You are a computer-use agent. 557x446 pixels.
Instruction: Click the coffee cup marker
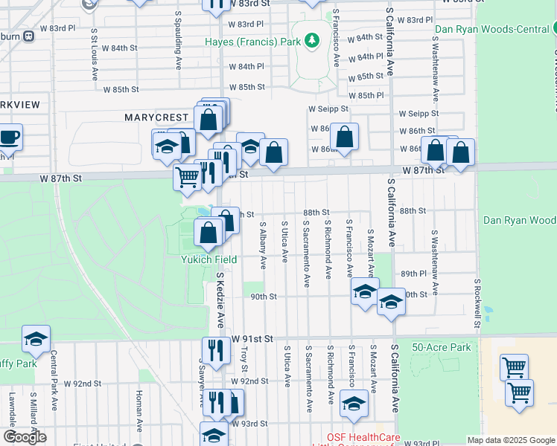tap(9, 138)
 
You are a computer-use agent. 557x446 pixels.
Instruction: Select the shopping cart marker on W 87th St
tap(187, 176)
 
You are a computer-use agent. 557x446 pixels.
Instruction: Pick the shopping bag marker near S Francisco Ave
tap(344, 138)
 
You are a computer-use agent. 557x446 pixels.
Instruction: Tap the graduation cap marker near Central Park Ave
tap(35, 340)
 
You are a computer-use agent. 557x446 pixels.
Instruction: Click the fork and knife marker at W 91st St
tap(216, 350)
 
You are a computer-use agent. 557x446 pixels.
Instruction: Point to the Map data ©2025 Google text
tap(510, 440)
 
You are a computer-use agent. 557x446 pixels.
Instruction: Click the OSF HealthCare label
tap(364, 437)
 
